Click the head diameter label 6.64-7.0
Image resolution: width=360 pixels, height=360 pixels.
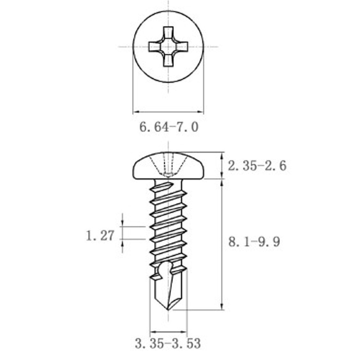[169, 127]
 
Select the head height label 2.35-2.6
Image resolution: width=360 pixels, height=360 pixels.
[257, 166]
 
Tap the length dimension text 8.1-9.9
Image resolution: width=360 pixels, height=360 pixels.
[254, 242]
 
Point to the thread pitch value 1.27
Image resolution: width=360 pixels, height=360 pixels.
[100, 235]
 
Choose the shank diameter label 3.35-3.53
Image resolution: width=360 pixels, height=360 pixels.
[168, 344]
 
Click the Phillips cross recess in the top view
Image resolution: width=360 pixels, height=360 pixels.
[168, 46]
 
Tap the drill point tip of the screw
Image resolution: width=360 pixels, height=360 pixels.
[169, 309]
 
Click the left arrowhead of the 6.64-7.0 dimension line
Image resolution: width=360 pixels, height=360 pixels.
[135, 112]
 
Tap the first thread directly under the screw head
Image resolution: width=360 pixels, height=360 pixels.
[167, 185]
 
